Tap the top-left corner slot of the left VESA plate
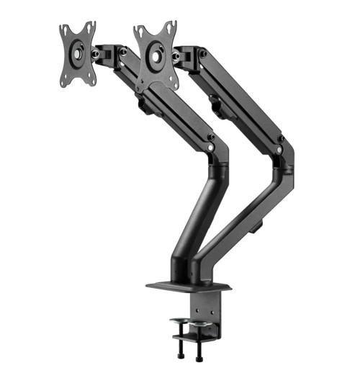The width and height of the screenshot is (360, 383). click(65, 30)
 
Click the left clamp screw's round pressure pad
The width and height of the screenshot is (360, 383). click(179, 320)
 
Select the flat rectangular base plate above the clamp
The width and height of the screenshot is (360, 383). click(189, 287)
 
